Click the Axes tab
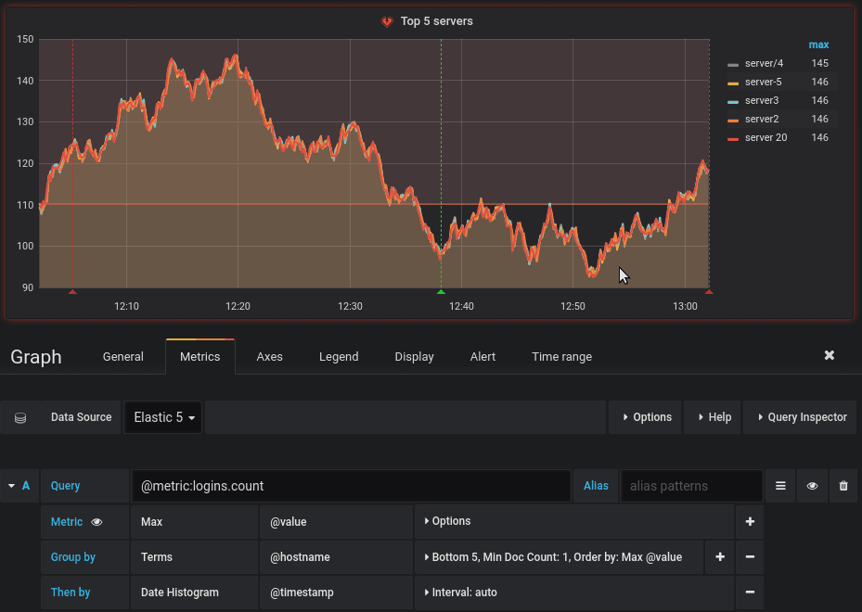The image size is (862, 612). [269, 356]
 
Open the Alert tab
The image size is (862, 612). [482, 356]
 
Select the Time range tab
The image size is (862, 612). [561, 356]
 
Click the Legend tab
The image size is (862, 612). [339, 356]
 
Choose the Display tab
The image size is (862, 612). [414, 356]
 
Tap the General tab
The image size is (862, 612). [123, 356]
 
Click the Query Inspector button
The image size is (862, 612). [801, 417]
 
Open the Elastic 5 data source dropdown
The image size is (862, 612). [164, 417]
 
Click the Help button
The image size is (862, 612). [713, 417]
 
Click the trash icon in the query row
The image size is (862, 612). [843, 486]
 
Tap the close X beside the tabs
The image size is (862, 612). [830, 355]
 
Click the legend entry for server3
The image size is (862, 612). [762, 100]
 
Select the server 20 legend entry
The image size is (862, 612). [766, 137]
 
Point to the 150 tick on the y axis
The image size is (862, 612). [25, 39]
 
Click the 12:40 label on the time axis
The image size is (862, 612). [461, 306]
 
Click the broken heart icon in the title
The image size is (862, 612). [387, 21]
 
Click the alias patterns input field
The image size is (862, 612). [691, 486]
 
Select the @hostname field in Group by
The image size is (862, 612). [300, 557]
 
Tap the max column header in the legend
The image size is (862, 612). [818, 45]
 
